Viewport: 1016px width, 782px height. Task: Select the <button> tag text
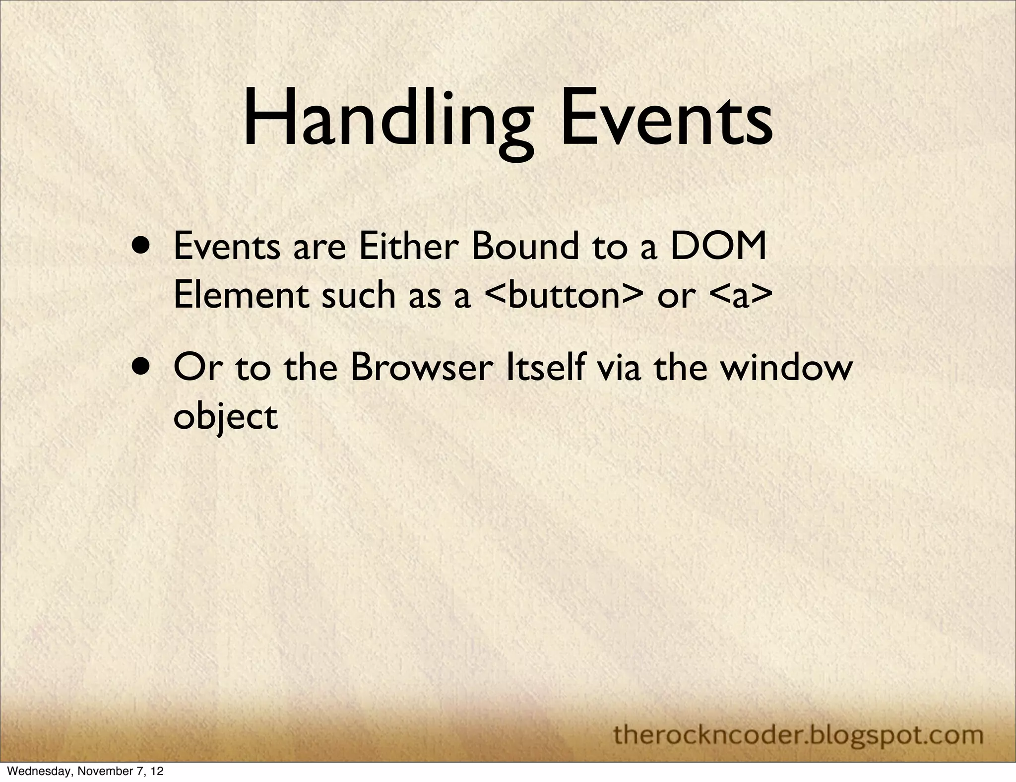(x=560, y=295)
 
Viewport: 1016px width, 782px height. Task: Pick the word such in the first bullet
(x=358, y=295)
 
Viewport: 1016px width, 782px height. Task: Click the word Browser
(x=421, y=368)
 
